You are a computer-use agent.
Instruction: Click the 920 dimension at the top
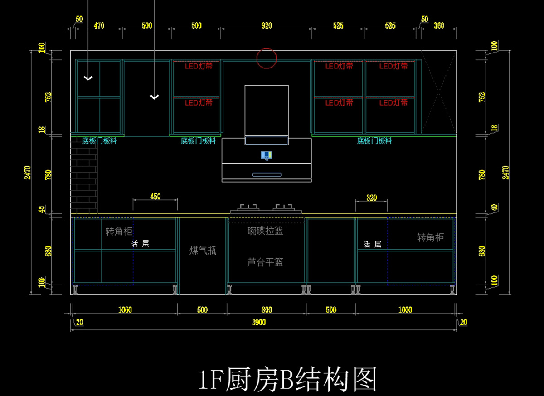tap(267, 26)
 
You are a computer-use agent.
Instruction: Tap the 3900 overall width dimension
tap(259, 322)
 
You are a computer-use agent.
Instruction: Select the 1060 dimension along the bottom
tap(125, 310)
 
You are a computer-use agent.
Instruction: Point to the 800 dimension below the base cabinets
tap(267, 310)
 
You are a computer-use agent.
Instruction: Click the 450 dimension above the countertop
tap(155, 197)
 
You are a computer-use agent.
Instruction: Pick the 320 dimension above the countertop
tap(371, 198)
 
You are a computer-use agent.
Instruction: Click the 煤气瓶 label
tap(203, 251)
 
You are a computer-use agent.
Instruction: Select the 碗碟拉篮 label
tap(265, 231)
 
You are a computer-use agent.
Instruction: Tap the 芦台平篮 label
tap(265, 262)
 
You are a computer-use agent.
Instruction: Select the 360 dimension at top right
tap(438, 26)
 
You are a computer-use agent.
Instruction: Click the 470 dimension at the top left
tap(99, 26)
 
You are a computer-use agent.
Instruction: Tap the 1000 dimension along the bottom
tap(405, 310)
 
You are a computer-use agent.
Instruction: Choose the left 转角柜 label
tap(119, 232)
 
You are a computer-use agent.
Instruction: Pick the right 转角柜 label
tap(430, 237)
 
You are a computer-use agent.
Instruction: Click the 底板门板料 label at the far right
tap(374, 141)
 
